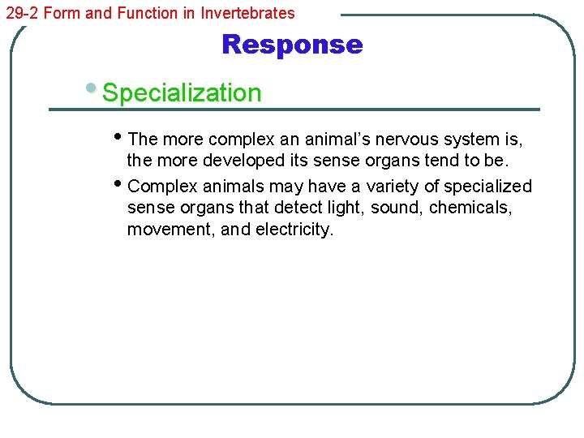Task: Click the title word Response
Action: tap(292, 44)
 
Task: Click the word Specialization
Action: tap(182, 93)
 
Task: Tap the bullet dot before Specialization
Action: tap(97, 87)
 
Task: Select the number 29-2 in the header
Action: tap(21, 13)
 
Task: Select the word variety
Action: tap(393, 187)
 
